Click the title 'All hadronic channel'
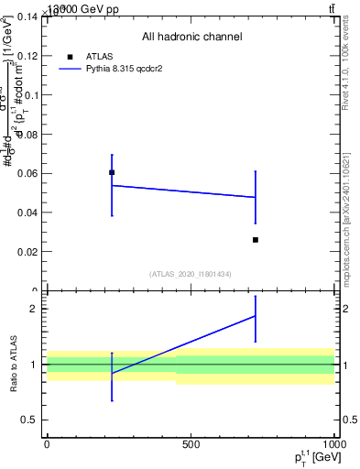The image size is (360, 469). click(191, 38)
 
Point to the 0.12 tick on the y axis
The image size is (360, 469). click(27, 56)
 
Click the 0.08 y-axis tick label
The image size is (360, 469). click(27, 134)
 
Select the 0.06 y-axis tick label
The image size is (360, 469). click(27, 173)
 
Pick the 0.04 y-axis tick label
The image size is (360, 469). click(27, 213)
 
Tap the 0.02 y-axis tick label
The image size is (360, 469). click(27, 252)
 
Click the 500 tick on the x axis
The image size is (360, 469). click(191, 444)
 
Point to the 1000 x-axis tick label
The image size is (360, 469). click(334, 444)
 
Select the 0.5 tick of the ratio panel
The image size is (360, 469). click(30, 420)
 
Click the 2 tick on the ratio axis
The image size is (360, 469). click(36, 309)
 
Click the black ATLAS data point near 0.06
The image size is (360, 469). click(112, 172)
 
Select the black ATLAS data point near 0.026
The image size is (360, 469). click(256, 240)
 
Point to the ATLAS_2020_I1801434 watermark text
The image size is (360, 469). click(191, 274)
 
